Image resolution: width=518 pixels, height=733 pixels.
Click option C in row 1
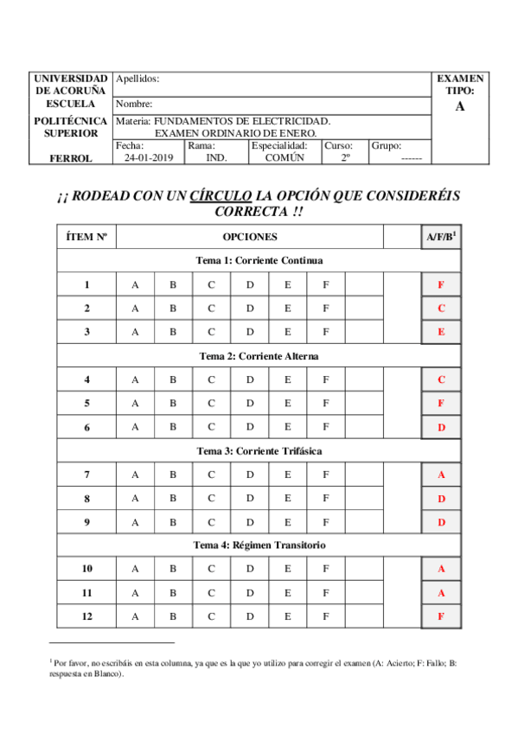211,285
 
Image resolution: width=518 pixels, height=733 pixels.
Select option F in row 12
326,616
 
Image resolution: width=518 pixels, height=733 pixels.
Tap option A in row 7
135,474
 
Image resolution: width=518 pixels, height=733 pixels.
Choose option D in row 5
250,403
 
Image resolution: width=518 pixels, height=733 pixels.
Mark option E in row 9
288,522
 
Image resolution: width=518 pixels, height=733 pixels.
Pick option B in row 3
173,332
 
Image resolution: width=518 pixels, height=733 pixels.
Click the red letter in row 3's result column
441,332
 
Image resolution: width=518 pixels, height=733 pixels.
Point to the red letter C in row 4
441,379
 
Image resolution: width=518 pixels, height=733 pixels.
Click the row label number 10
86,569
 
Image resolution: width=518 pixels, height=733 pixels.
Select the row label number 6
86,427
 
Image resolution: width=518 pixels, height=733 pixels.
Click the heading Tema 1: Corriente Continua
259,261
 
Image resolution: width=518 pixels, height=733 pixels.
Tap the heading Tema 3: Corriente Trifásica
259,450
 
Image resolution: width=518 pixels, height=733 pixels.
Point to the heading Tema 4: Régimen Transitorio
259,545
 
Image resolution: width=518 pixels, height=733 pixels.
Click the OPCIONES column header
250,236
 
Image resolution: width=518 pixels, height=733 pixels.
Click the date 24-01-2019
148,158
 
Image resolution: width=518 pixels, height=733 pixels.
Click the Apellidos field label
137,79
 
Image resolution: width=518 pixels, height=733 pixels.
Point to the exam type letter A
459,106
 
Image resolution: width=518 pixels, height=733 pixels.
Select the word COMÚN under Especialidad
285,158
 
